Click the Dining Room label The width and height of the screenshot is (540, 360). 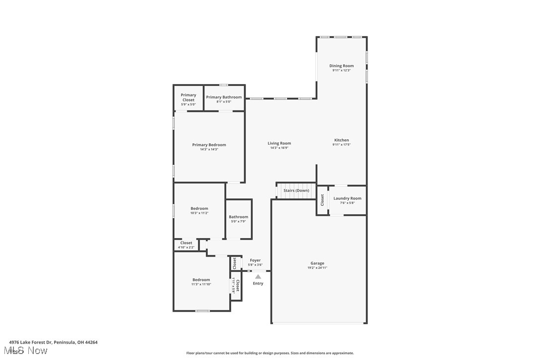[342, 66]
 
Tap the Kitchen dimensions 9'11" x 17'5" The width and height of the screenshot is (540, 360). [342, 145]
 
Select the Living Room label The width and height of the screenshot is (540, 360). [279, 143]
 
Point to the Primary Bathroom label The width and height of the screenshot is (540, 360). [224, 97]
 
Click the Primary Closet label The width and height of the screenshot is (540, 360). [188, 97]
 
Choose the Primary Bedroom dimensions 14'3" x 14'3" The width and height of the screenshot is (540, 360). [209, 149]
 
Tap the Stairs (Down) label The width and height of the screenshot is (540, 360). [296, 190]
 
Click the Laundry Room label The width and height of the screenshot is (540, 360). [347, 198]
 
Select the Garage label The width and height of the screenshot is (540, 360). [317, 263]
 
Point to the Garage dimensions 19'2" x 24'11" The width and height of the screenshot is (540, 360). [317, 268]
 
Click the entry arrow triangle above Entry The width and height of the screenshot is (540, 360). [258, 276]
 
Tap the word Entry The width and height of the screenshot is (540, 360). [258, 283]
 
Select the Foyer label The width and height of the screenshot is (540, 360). [255, 260]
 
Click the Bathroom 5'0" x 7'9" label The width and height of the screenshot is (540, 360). [238, 217]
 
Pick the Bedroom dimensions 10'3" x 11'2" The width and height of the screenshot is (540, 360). [199, 213]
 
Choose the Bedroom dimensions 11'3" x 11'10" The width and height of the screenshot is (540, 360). [201, 284]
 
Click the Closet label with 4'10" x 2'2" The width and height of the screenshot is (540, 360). [186, 243]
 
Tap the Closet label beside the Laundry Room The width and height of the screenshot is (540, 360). [322, 200]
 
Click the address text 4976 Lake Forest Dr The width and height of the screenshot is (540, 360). [31, 342]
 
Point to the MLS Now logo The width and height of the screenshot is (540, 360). [28, 351]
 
